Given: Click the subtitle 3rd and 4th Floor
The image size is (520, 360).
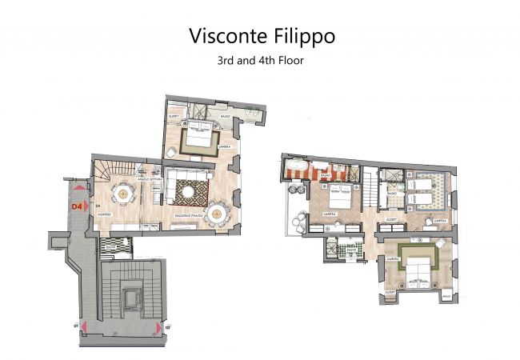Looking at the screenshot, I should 260,60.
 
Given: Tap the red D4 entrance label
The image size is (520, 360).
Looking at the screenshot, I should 78,206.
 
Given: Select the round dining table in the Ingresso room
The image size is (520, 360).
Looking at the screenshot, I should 122,192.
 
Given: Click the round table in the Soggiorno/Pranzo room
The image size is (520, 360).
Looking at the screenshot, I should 217,213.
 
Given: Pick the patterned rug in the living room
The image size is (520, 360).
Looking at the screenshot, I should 192,191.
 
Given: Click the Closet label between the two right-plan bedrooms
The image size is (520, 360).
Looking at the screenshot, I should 392,218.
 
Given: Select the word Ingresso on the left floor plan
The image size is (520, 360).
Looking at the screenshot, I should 115,216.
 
